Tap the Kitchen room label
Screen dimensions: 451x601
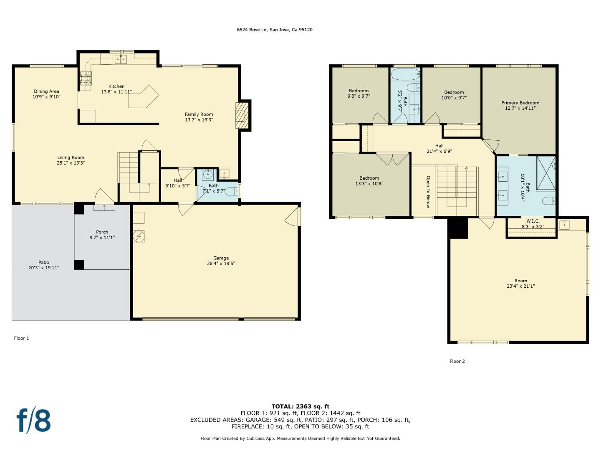[x=116, y=86]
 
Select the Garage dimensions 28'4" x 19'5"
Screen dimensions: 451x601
[x=221, y=264]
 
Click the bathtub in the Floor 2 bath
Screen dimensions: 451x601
[x=405, y=75]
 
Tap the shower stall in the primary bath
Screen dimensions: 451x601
[x=545, y=172]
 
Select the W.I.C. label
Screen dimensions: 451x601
[x=533, y=221]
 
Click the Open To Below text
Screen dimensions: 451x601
[x=428, y=192]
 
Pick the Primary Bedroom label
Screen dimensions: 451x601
[x=520, y=103]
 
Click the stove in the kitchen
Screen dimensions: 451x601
[x=86, y=79]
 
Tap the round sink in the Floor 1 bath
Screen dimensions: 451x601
[x=208, y=174]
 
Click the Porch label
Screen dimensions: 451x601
[x=102, y=232]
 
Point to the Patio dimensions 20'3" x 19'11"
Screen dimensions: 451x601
[x=43, y=268]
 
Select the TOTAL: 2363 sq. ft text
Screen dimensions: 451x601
[x=300, y=406]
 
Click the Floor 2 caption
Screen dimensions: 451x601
[x=457, y=361]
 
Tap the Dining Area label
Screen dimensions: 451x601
[x=46, y=91]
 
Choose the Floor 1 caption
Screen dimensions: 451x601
[x=22, y=338]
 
